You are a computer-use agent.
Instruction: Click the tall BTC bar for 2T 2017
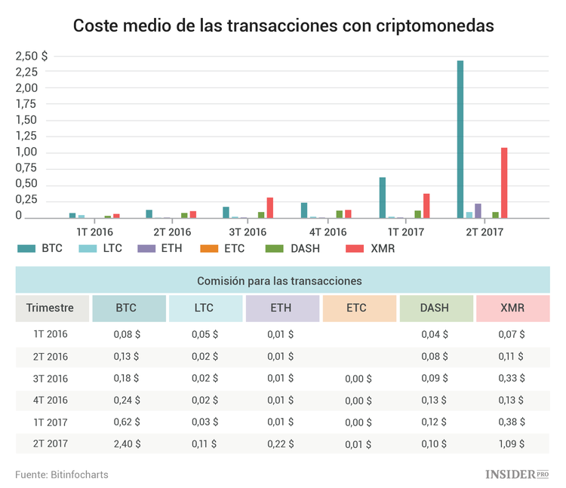(x=460, y=140)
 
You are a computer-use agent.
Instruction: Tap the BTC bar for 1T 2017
(x=383, y=198)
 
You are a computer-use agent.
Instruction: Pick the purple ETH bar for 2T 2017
(x=478, y=210)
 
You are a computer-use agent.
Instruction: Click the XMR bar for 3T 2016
(x=270, y=207)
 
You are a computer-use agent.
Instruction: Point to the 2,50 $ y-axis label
(x=31, y=56)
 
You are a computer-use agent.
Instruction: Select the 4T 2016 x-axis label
(x=328, y=232)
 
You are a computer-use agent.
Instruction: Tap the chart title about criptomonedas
(x=283, y=26)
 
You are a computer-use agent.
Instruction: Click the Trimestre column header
(x=50, y=308)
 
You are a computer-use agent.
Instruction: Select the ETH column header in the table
(x=281, y=308)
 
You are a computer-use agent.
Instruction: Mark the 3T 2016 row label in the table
(x=51, y=379)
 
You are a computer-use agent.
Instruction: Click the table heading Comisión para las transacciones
(x=279, y=281)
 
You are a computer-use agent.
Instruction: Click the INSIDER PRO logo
(x=516, y=474)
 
